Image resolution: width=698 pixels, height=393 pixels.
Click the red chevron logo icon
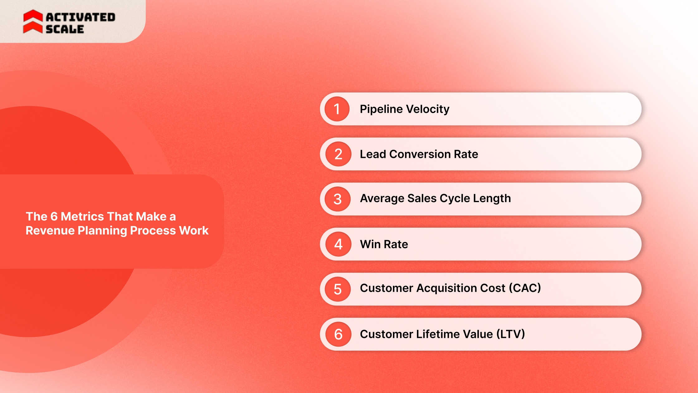tap(33, 21)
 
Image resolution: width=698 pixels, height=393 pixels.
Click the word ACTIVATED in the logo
tap(81, 17)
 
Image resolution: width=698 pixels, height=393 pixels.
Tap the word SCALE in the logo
tap(65, 29)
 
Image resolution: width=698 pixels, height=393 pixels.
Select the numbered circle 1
tap(337, 109)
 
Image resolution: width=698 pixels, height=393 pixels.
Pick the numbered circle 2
tap(338, 154)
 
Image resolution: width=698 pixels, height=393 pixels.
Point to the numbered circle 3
tap(337, 199)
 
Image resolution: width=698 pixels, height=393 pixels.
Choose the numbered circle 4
tap(338, 244)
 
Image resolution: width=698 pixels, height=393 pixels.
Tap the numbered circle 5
tap(338, 289)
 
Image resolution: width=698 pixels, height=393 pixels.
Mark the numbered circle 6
tap(338, 334)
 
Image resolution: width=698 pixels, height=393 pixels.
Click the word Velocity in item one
tap(428, 109)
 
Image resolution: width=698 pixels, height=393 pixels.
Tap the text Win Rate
tap(384, 244)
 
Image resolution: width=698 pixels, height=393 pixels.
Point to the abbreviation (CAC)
tap(525, 288)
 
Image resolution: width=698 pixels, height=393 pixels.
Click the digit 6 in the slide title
tap(54, 216)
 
